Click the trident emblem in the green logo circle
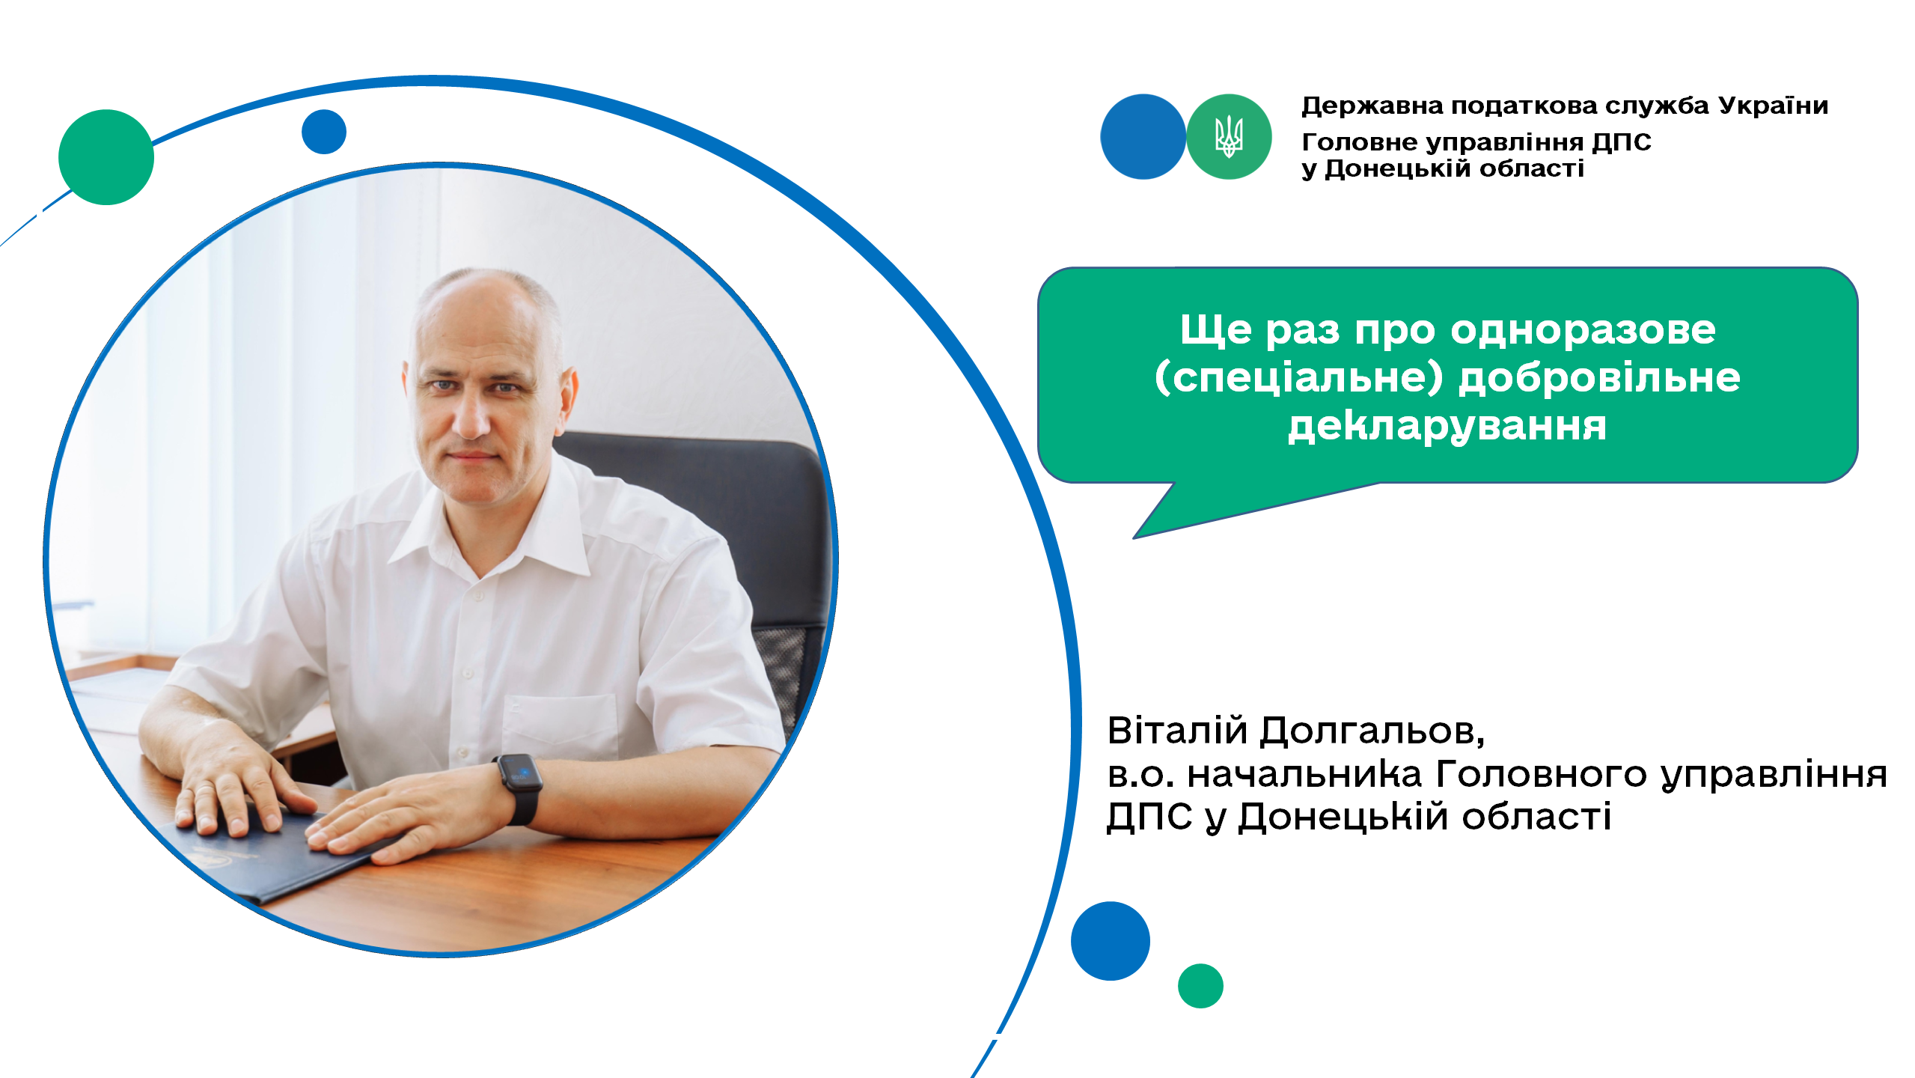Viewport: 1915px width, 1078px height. pos(1228,136)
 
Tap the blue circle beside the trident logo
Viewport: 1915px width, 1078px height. pos(1143,136)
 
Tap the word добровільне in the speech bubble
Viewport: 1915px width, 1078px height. pos(1599,377)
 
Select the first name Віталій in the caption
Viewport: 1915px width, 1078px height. pos(1177,730)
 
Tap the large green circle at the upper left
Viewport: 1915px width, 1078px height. pos(106,157)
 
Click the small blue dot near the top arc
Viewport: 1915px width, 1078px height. pos(324,132)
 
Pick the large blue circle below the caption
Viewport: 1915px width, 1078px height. pos(1111,941)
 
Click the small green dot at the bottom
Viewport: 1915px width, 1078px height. pos(1200,986)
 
